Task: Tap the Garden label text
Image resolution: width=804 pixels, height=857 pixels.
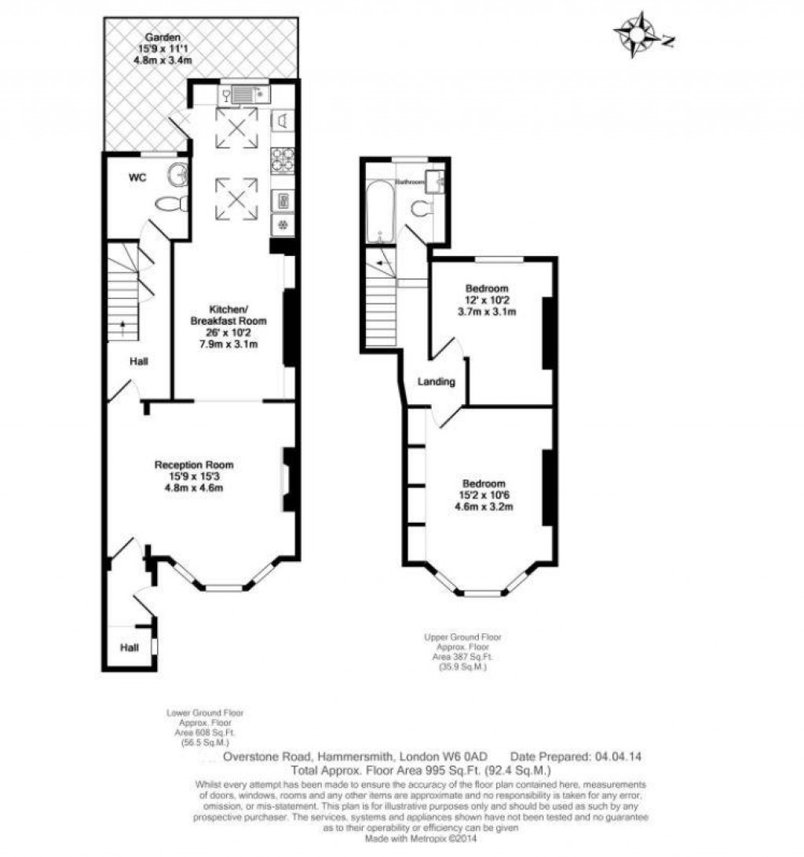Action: click(x=163, y=37)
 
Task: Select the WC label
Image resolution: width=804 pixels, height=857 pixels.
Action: click(x=137, y=178)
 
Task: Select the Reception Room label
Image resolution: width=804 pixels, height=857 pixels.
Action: click(x=194, y=465)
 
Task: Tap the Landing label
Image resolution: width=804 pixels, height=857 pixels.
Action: click(x=437, y=382)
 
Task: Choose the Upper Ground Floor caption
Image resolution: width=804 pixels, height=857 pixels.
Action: click(x=462, y=637)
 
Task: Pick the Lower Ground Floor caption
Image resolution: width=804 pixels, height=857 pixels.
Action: click(x=205, y=713)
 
